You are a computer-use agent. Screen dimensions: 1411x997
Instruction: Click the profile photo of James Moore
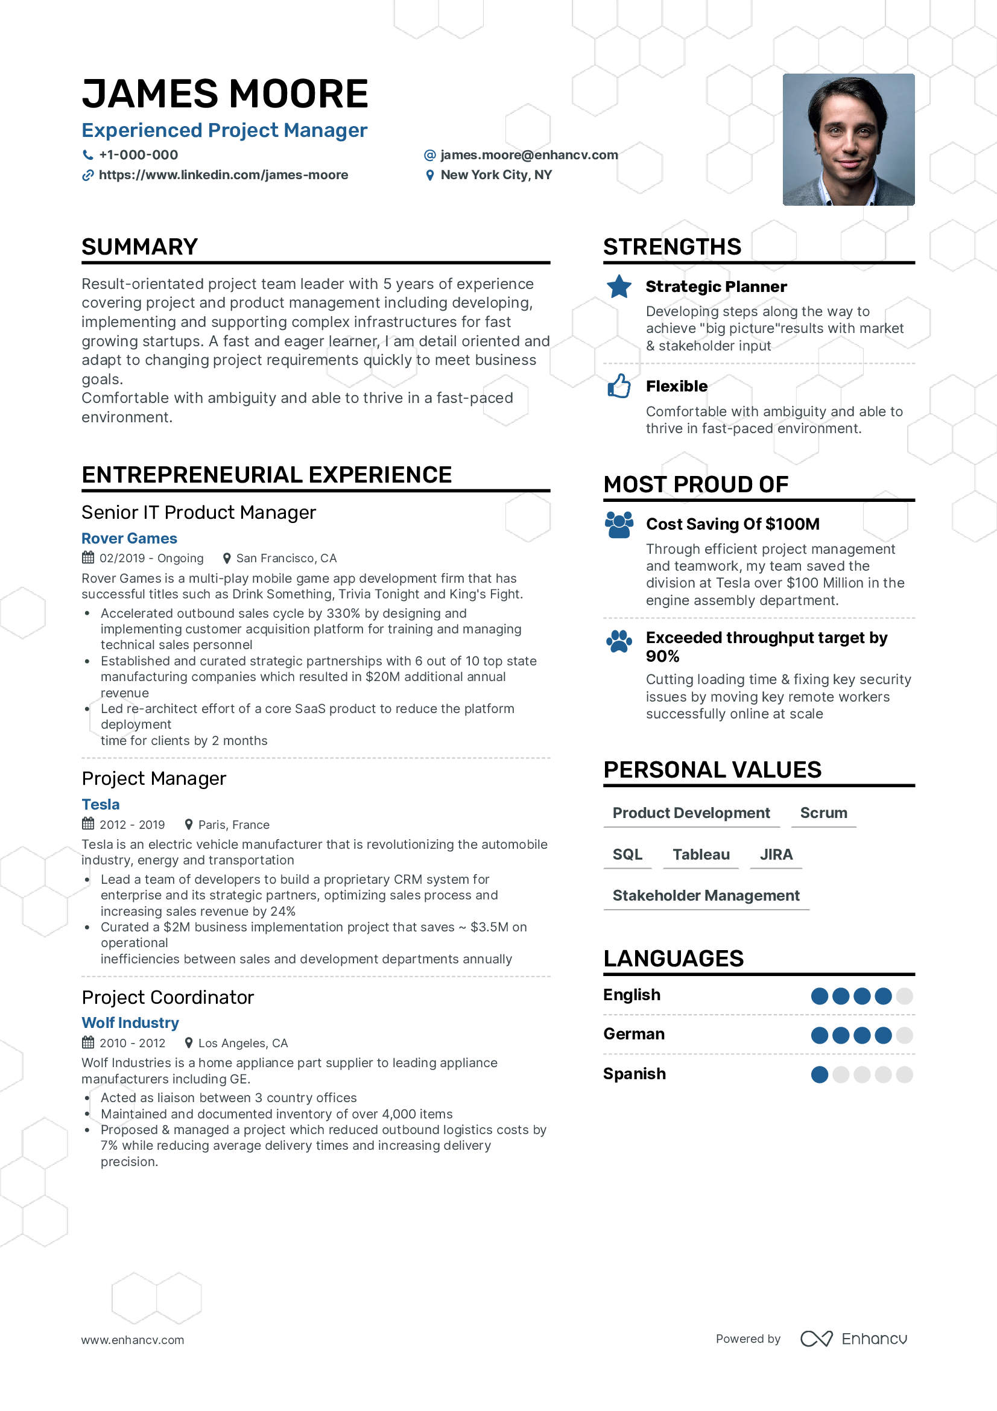(848, 139)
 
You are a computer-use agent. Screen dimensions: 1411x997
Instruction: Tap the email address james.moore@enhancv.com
(528, 155)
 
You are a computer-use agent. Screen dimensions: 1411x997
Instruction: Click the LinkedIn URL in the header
(223, 175)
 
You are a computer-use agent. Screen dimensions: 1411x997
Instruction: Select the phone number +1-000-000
(138, 155)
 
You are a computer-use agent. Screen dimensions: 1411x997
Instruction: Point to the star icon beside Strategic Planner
(619, 287)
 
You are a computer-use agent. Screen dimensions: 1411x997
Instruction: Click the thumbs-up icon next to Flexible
(619, 386)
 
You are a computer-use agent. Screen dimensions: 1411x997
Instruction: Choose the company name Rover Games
(129, 538)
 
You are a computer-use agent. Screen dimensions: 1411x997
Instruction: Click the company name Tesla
(101, 805)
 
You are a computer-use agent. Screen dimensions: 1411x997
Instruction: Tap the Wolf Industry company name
(130, 1023)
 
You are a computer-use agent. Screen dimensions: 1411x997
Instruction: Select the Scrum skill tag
(823, 813)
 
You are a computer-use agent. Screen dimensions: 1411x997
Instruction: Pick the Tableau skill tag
(701, 854)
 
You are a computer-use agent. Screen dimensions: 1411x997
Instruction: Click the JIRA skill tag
(776, 854)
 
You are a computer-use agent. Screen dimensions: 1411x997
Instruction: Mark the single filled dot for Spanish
(820, 1074)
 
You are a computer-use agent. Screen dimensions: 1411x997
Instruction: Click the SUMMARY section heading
(139, 247)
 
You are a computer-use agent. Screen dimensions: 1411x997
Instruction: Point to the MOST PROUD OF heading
(695, 484)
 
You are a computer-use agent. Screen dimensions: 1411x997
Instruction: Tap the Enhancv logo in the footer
(854, 1339)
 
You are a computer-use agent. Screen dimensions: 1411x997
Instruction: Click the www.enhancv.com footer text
(133, 1340)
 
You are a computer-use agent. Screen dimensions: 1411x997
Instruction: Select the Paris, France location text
(233, 825)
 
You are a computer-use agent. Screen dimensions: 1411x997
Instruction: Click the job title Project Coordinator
(168, 997)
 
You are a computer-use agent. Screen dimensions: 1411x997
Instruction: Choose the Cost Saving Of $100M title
(732, 524)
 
